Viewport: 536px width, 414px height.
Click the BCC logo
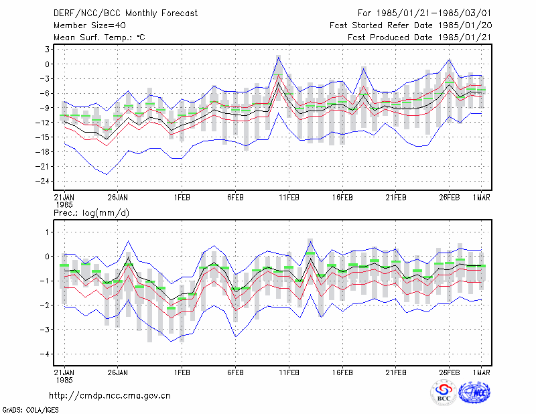(x=444, y=393)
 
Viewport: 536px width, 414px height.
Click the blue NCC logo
(x=474, y=393)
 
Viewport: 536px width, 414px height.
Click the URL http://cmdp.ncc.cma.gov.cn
(x=110, y=395)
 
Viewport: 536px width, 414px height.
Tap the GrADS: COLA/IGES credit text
(x=30, y=410)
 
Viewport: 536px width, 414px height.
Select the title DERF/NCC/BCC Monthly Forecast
(x=125, y=13)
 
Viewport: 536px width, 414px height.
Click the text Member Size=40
(x=90, y=25)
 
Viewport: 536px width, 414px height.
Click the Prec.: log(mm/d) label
(x=91, y=213)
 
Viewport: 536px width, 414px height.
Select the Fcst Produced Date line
(x=419, y=38)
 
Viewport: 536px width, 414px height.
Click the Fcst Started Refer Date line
(x=411, y=25)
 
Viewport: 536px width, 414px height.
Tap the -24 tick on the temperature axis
(x=42, y=181)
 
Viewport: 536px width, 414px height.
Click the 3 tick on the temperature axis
(x=47, y=49)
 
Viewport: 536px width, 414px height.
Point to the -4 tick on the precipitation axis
(x=45, y=354)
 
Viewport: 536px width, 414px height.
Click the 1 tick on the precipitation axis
(x=48, y=232)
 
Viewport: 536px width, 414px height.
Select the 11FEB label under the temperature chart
(x=289, y=198)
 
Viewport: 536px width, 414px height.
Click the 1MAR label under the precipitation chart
(x=481, y=372)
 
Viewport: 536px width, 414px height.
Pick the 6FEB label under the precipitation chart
(x=235, y=372)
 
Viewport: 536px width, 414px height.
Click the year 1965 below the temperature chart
(x=64, y=205)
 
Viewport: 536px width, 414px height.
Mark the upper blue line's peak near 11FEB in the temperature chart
(x=279, y=57)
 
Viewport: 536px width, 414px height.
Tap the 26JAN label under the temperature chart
(x=117, y=198)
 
